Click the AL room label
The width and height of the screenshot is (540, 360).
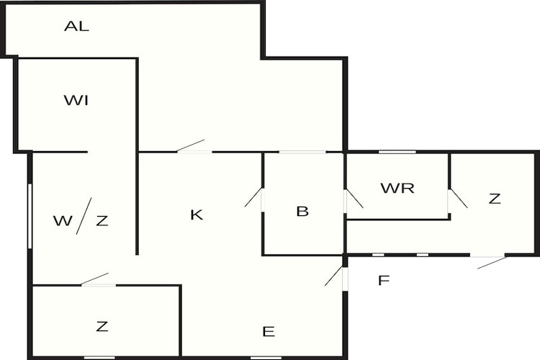pyautogui.click(x=76, y=27)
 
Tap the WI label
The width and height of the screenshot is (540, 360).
pyautogui.click(x=76, y=100)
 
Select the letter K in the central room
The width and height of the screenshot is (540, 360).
pyautogui.click(x=196, y=215)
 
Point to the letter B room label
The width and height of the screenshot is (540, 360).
pyautogui.click(x=302, y=212)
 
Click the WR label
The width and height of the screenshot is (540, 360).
pyautogui.click(x=397, y=189)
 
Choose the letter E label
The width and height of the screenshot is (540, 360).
pyautogui.click(x=269, y=331)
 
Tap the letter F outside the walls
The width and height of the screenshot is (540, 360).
pyautogui.click(x=384, y=280)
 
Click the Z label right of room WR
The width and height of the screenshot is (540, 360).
pyautogui.click(x=494, y=199)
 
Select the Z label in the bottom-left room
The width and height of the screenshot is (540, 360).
pyautogui.click(x=102, y=326)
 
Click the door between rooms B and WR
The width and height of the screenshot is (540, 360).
pyautogui.click(x=353, y=199)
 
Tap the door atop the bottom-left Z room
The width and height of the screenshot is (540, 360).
pyautogui.click(x=96, y=280)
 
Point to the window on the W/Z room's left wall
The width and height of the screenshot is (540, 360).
pyautogui.click(x=30, y=216)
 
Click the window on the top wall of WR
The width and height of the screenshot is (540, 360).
pyautogui.click(x=397, y=151)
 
